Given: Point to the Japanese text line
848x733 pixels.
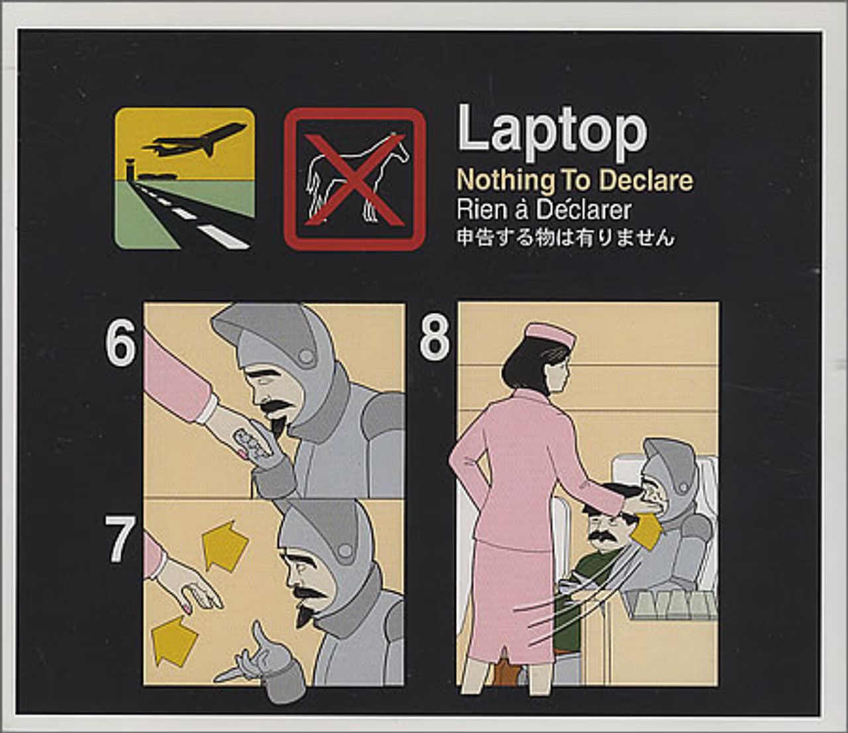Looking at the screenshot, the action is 565,238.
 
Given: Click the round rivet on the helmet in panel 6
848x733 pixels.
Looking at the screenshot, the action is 305,357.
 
